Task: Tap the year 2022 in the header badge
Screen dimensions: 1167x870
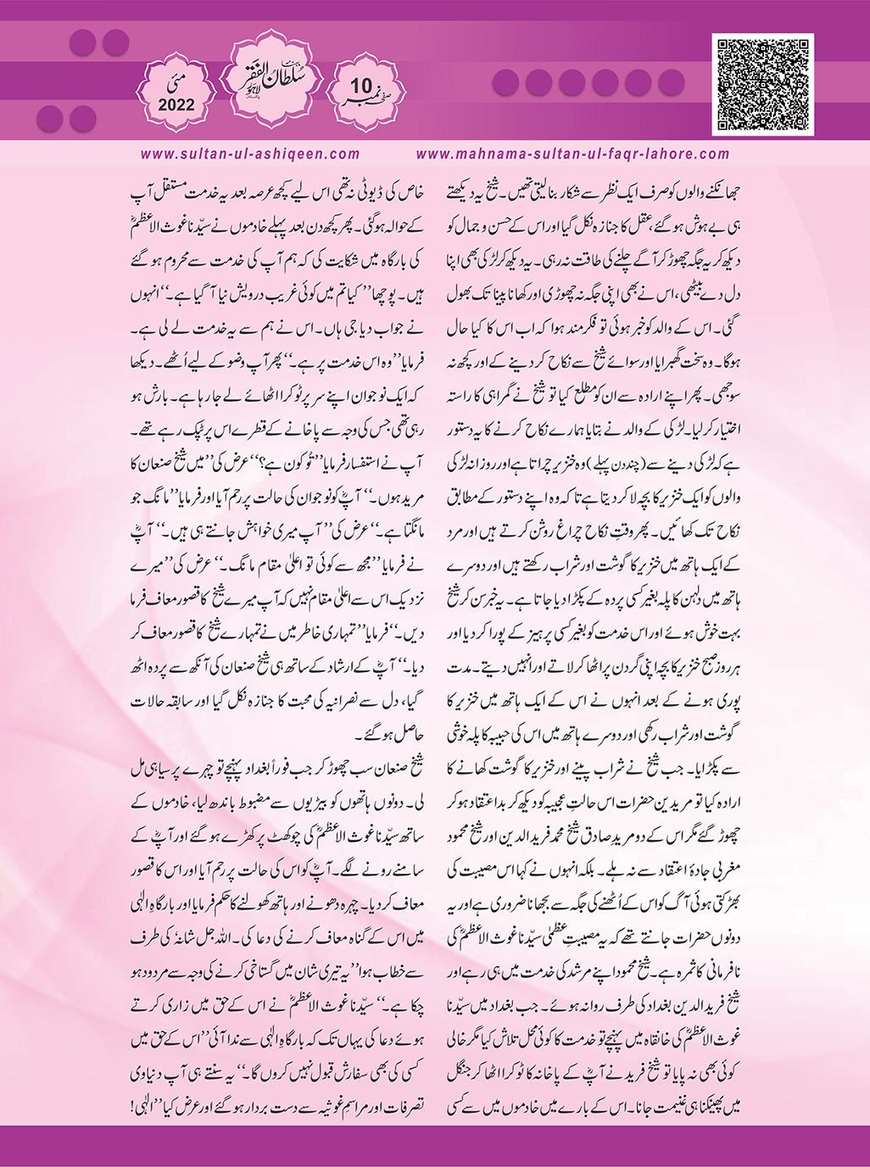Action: point(176,106)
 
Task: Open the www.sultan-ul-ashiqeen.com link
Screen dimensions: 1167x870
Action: point(250,154)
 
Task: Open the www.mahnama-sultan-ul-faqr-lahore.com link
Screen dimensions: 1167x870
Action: point(573,154)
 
